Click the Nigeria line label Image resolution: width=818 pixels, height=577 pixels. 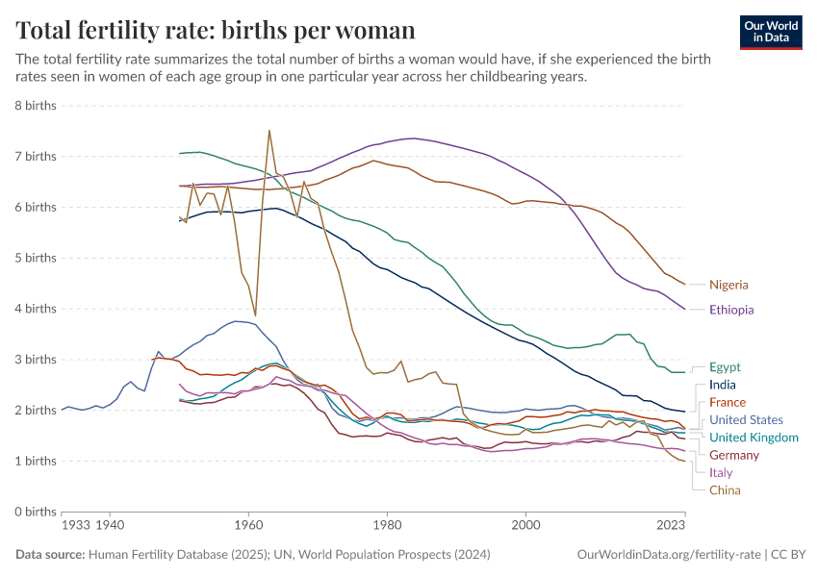point(729,285)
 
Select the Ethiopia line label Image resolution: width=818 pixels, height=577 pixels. point(731,310)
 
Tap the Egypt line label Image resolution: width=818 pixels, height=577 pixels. point(725,367)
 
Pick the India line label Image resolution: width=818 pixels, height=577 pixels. point(722,385)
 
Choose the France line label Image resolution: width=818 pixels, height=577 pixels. point(728,402)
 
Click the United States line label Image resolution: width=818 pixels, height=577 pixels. point(746,420)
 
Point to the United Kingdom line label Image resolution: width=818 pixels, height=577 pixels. point(754,438)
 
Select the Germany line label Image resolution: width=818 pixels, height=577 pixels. point(734,455)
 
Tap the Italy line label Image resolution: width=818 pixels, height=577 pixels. point(721,472)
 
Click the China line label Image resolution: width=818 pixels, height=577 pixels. point(725,490)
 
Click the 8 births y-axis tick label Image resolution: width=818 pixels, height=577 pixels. point(34,105)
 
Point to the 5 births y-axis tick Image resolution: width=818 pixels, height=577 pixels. point(34,258)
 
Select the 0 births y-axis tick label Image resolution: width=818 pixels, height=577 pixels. point(34,512)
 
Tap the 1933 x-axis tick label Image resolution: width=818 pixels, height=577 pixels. point(75,526)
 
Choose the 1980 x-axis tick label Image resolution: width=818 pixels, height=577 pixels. point(387,526)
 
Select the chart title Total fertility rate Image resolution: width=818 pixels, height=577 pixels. point(216,30)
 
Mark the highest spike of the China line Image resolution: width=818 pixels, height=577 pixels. point(269,130)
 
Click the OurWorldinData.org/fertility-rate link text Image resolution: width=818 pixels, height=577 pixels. point(668,555)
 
